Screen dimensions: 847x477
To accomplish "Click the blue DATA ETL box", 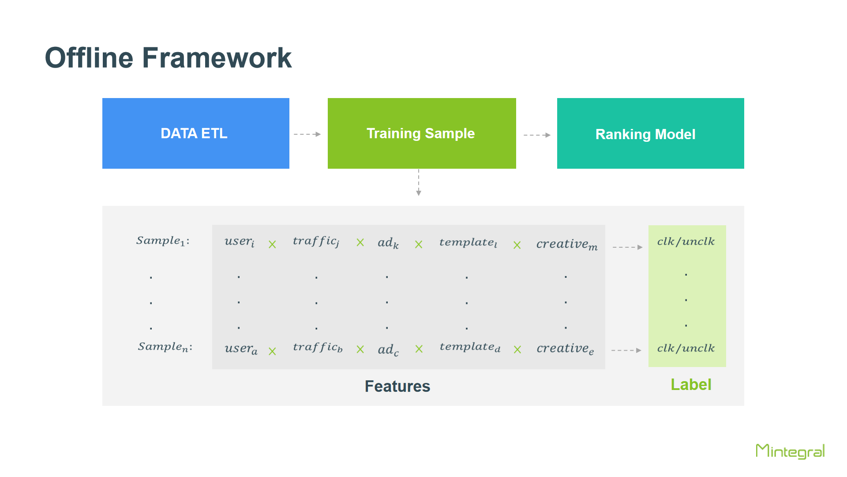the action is click(196, 133).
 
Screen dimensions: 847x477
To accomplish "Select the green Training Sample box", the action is click(422, 133).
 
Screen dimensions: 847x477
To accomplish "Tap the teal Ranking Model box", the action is click(651, 133).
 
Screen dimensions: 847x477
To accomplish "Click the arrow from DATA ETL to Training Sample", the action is click(307, 134).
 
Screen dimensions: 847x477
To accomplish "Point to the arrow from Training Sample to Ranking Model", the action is click(537, 135).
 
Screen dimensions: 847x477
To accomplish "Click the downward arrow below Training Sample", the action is click(419, 182).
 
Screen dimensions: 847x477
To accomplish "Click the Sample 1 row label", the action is click(163, 241).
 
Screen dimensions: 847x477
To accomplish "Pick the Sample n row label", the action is click(165, 347).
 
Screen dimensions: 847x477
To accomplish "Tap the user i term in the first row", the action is click(240, 242).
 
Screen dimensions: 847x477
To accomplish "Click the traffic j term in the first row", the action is click(316, 242).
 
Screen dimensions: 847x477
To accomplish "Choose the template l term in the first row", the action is click(468, 242).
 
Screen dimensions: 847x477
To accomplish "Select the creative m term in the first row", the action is click(567, 244).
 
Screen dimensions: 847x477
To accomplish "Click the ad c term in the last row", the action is click(388, 350).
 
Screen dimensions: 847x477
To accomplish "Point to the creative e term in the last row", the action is click(565, 349).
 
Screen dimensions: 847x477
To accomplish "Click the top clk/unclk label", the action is click(686, 242).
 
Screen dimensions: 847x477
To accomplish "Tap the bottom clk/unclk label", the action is click(686, 348).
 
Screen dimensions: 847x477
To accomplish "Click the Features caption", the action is click(397, 386).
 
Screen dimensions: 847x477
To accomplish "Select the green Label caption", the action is click(691, 385).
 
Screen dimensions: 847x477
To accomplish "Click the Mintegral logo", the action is click(790, 451).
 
